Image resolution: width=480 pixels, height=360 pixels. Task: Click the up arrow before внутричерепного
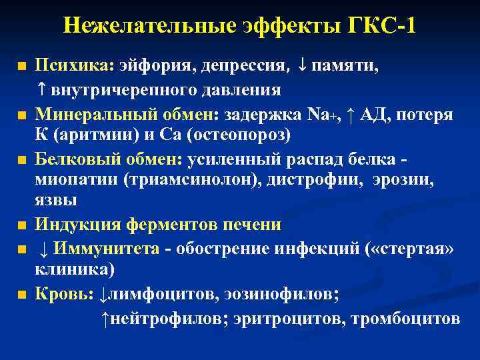click(x=41, y=89)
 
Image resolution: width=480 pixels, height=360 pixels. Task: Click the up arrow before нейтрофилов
click(x=105, y=319)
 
